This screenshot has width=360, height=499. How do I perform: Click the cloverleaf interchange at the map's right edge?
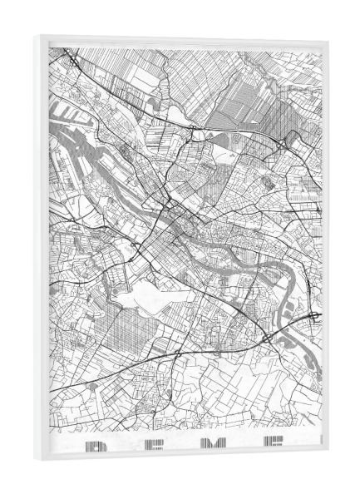316,317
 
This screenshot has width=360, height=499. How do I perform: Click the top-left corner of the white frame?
38,36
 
